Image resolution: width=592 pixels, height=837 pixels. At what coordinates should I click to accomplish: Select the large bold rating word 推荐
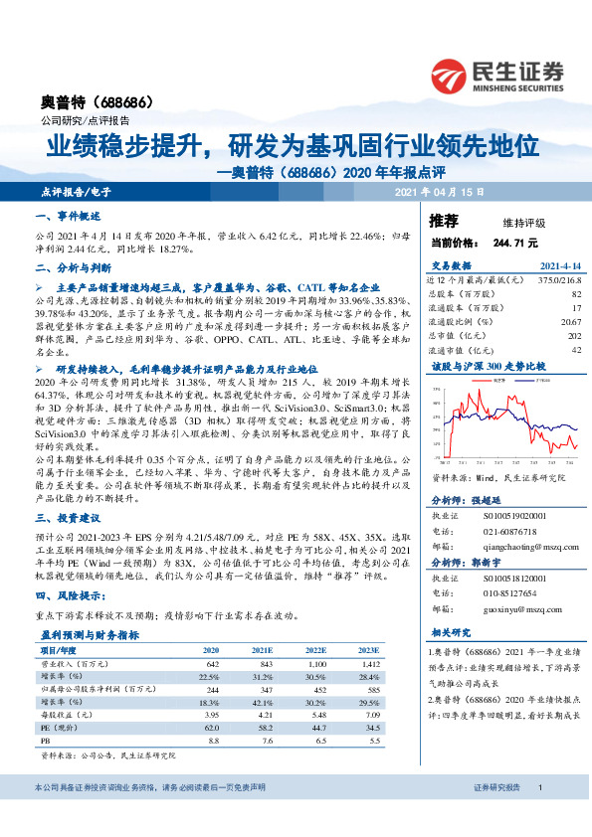coord(444,220)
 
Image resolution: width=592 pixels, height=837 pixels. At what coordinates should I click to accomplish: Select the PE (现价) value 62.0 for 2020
coord(209,727)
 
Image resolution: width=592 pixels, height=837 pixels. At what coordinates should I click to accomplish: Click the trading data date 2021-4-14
coord(558,266)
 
